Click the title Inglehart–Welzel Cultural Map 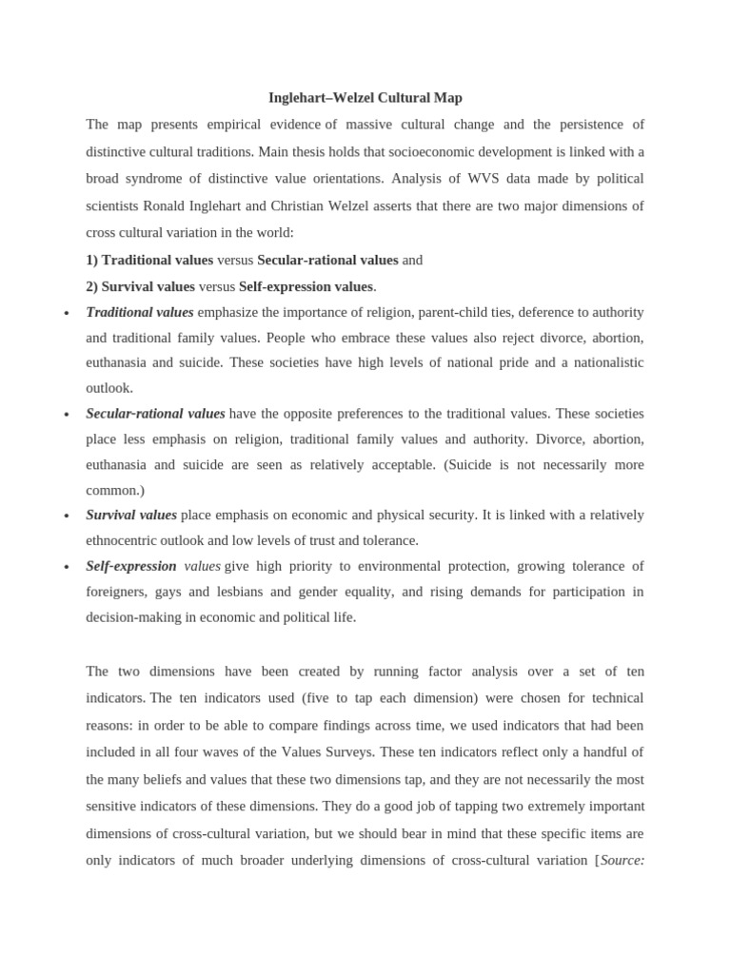click(365, 98)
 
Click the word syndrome click(159, 179)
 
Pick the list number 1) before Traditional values click(92, 260)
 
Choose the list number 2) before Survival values click(92, 286)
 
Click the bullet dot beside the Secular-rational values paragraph click(66, 416)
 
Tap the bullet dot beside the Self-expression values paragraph click(66, 568)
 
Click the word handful click(602, 751)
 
